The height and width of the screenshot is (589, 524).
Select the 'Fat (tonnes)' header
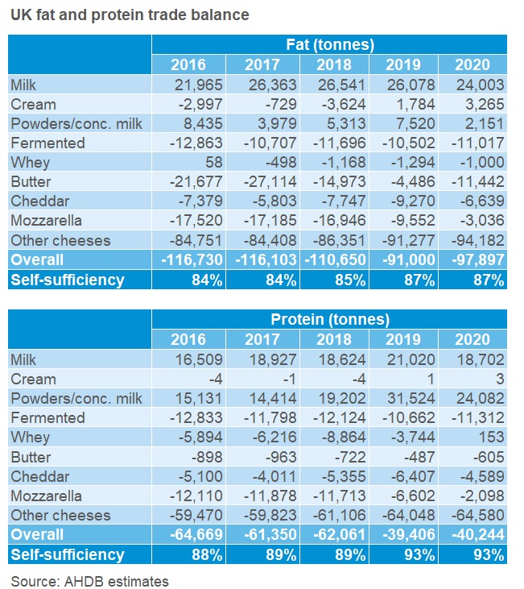(329, 45)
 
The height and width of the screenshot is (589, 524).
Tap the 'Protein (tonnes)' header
(329, 320)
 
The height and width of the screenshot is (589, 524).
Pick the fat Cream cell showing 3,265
(481, 104)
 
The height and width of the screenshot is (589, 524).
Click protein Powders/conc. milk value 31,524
(407, 398)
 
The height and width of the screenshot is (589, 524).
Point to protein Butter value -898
(192, 457)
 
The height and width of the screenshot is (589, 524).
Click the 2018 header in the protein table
(334, 339)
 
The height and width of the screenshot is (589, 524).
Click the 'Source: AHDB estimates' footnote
(90, 579)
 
